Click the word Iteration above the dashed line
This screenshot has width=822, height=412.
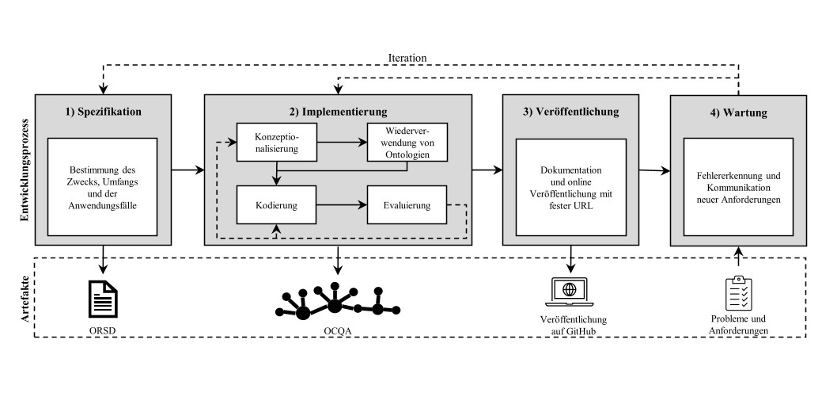pos(407,57)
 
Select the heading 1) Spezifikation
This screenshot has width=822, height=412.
pos(104,112)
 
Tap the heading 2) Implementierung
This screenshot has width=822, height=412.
pos(339,112)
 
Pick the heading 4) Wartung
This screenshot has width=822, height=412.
pos(739,112)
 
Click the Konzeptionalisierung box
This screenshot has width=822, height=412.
pos(276,142)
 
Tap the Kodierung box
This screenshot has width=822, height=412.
pos(276,206)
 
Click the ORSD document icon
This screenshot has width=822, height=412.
pos(104,298)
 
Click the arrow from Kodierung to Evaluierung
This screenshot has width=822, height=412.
pos(342,206)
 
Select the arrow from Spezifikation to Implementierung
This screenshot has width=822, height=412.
pos(188,170)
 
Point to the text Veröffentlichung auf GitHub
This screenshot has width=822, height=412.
pos(571,324)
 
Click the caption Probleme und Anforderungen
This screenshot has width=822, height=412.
pos(739,324)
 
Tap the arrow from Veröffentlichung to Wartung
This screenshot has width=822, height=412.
pos(653,170)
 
